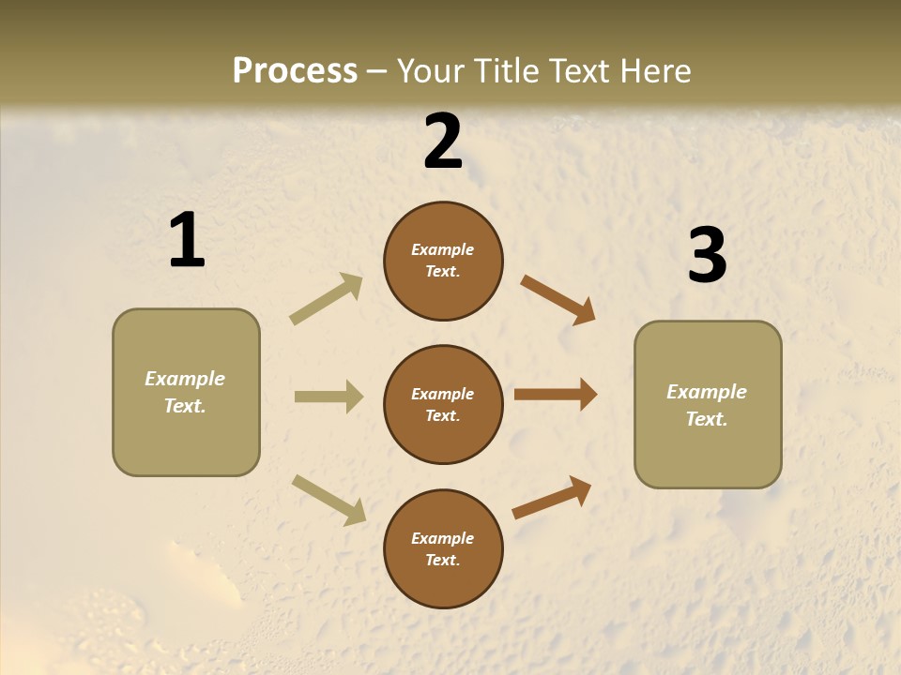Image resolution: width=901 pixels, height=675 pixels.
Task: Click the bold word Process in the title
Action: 295,71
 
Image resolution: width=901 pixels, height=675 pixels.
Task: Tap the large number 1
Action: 187,240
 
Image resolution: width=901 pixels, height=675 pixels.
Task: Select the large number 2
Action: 443,142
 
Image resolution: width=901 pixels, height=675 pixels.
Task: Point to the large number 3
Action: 707,256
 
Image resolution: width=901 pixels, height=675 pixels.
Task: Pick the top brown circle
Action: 443,261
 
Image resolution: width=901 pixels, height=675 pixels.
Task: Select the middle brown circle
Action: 443,405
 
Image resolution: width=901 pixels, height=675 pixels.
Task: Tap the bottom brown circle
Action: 443,549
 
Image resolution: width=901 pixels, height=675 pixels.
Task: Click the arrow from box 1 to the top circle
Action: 327,298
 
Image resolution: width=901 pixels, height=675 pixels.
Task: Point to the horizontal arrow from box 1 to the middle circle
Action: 328,397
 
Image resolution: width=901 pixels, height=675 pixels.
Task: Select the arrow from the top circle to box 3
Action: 558,300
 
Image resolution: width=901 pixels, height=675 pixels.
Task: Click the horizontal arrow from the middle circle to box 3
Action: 555,395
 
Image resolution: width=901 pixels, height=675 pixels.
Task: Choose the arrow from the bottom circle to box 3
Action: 552,497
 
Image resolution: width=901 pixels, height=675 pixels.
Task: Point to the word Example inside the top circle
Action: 443,249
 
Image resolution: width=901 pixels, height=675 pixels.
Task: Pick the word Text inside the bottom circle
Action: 441,560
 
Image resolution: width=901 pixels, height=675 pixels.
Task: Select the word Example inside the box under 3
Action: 707,392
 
